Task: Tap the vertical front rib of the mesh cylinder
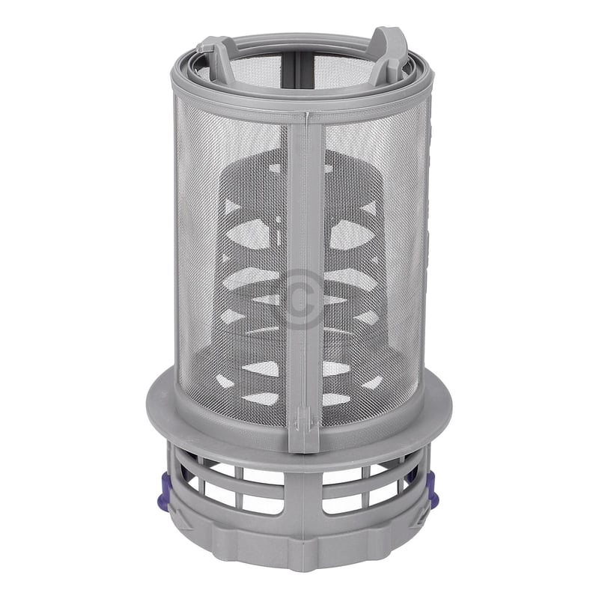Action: coord(303,262)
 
